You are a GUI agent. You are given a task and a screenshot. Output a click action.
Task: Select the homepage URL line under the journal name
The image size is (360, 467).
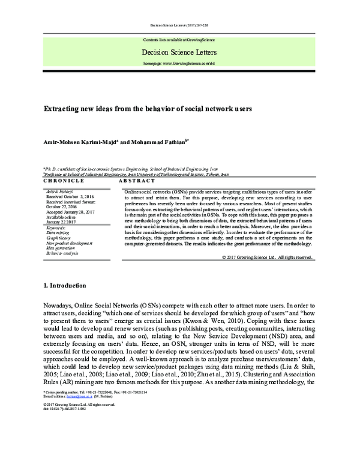pos(179,62)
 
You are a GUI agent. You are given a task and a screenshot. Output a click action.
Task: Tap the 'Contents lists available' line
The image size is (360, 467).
pos(179,40)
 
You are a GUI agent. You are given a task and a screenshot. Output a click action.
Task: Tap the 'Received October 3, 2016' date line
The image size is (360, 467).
pos(71,196)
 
